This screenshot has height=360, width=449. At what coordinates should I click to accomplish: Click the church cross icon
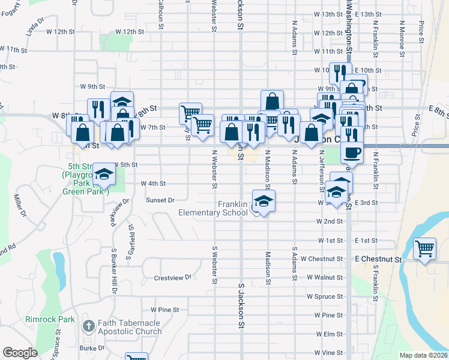[88, 327]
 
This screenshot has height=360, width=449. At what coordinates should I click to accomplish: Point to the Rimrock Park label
[50, 319]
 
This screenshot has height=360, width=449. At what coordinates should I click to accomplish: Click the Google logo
[20, 353]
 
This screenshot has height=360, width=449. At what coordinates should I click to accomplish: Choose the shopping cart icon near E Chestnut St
[425, 247]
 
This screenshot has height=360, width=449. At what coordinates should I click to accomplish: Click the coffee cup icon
[352, 151]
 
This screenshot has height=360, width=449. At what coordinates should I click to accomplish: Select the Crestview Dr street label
[172, 278]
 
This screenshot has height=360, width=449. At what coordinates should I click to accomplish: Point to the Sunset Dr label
[159, 200]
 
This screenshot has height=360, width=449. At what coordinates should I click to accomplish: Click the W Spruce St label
[324, 296]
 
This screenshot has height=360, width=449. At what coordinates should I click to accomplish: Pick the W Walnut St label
[324, 277]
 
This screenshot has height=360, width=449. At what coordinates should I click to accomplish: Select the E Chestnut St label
[378, 259]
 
